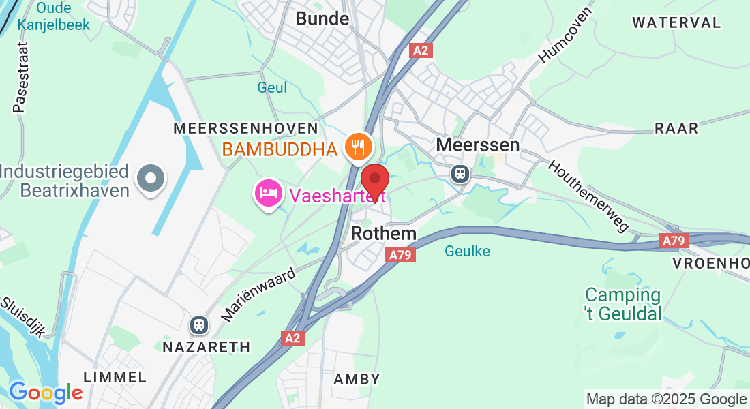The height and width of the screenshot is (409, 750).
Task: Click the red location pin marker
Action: [x=374, y=181]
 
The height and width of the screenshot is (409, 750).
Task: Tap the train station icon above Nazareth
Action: [x=199, y=324]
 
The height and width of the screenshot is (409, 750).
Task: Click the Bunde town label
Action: [x=322, y=19]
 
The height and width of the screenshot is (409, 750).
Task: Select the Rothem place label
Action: [x=383, y=234]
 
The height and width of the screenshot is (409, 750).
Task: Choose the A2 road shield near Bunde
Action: [x=421, y=50]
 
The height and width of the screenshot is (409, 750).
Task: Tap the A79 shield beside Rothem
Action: [x=400, y=255]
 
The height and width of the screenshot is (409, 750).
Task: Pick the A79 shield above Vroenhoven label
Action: [x=675, y=240]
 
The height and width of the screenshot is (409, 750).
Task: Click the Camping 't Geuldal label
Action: [x=623, y=304]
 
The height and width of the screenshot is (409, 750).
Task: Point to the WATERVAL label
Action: [x=676, y=22]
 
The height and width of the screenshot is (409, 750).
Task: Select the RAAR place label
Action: [x=676, y=128]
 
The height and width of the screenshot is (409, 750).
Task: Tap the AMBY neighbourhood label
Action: [x=357, y=379]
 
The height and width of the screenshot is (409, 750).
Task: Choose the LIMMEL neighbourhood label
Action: [x=115, y=377]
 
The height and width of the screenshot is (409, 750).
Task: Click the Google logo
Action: [x=46, y=393]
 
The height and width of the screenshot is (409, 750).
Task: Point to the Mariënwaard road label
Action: [x=259, y=294]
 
